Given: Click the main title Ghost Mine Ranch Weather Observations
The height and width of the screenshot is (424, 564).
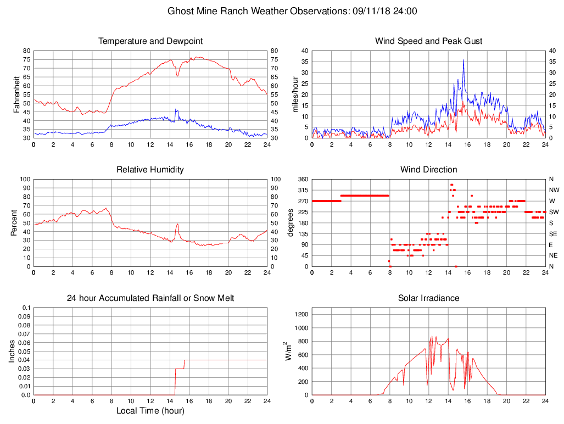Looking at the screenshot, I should (x=292, y=11).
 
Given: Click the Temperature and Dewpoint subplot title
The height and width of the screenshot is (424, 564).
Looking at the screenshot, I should (x=150, y=41).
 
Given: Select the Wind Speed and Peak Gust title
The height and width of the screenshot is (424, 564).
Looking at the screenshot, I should (x=429, y=41).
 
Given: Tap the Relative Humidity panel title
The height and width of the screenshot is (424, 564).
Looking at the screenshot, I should (x=150, y=170).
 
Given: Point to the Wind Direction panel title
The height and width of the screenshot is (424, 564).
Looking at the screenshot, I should (x=429, y=170).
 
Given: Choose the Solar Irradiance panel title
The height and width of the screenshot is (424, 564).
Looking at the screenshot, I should (x=429, y=298).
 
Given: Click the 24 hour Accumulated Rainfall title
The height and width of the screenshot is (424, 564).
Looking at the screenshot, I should (x=150, y=298).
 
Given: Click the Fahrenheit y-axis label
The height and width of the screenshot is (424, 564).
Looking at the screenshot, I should (x=17, y=94).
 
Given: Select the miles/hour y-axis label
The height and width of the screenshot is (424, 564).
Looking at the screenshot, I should (x=296, y=94).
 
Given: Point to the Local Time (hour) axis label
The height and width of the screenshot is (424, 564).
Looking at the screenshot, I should (x=150, y=411).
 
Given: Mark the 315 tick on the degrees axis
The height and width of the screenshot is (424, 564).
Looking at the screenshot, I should (x=303, y=190).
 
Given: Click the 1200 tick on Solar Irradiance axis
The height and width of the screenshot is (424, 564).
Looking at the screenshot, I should (x=300, y=315).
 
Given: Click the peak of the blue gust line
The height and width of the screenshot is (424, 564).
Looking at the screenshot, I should (x=464, y=60).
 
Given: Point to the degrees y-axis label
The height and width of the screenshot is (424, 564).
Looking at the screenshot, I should (x=291, y=223).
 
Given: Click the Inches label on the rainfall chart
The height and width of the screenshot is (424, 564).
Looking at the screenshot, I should (x=13, y=352).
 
